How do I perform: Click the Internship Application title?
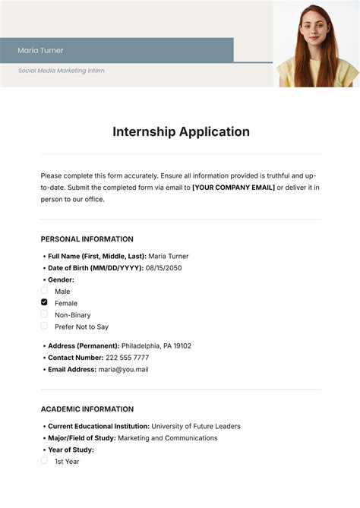point(181,131)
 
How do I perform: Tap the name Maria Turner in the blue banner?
point(41,50)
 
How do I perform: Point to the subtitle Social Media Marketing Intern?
point(62,71)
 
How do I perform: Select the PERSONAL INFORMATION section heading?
point(87,239)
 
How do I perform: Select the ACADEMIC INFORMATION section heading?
point(87,409)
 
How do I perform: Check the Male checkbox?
point(44,291)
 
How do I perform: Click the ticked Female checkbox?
point(44,302)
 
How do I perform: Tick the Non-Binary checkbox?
point(44,314)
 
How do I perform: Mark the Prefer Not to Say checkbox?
point(44,327)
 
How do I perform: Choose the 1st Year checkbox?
point(44,461)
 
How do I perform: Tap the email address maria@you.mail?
point(123,370)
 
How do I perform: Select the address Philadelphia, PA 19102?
point(156,346)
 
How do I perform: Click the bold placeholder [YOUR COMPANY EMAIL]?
point(233,187)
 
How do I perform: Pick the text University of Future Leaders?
point(196,426)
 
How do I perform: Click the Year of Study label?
point(71,450)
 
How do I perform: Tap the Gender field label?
point(62,279)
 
